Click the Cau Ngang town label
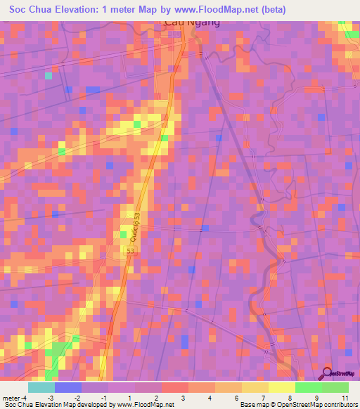coord(191,22)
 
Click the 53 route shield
coord(130,251)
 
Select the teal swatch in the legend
coord(41,387)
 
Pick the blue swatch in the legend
coord(68,387)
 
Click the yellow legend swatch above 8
coord(281,387)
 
